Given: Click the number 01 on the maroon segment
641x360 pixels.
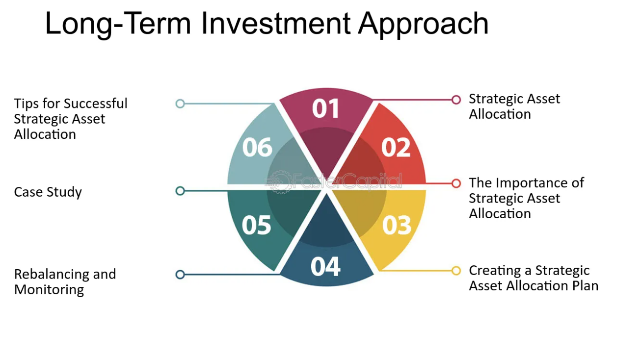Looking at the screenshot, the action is coord(325,108).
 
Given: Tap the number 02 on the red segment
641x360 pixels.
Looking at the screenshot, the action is coord(396,147).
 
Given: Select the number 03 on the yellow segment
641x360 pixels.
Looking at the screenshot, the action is coord(397,225).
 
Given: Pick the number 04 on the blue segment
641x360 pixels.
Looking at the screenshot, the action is coord(325,266).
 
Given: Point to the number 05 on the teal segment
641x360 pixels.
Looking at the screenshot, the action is coord(256,225).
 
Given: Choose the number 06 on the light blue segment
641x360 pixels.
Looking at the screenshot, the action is coord(257,147).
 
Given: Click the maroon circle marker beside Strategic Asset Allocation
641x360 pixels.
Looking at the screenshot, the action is coord(456,100).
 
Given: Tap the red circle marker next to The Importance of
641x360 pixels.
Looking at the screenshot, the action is coord(456,183).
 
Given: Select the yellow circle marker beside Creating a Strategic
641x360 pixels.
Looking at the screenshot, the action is coord(456,271).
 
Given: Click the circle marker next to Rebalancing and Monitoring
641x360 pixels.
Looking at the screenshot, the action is coord(180,275).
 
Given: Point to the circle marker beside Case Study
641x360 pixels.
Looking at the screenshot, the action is coord(180,191).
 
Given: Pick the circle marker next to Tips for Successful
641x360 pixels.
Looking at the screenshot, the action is coord(180,103).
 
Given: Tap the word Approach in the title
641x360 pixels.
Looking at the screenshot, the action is coord(423,25).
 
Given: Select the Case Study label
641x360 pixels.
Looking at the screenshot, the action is coord(48,192).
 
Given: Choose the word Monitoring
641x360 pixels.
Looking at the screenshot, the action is coord(49,290).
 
